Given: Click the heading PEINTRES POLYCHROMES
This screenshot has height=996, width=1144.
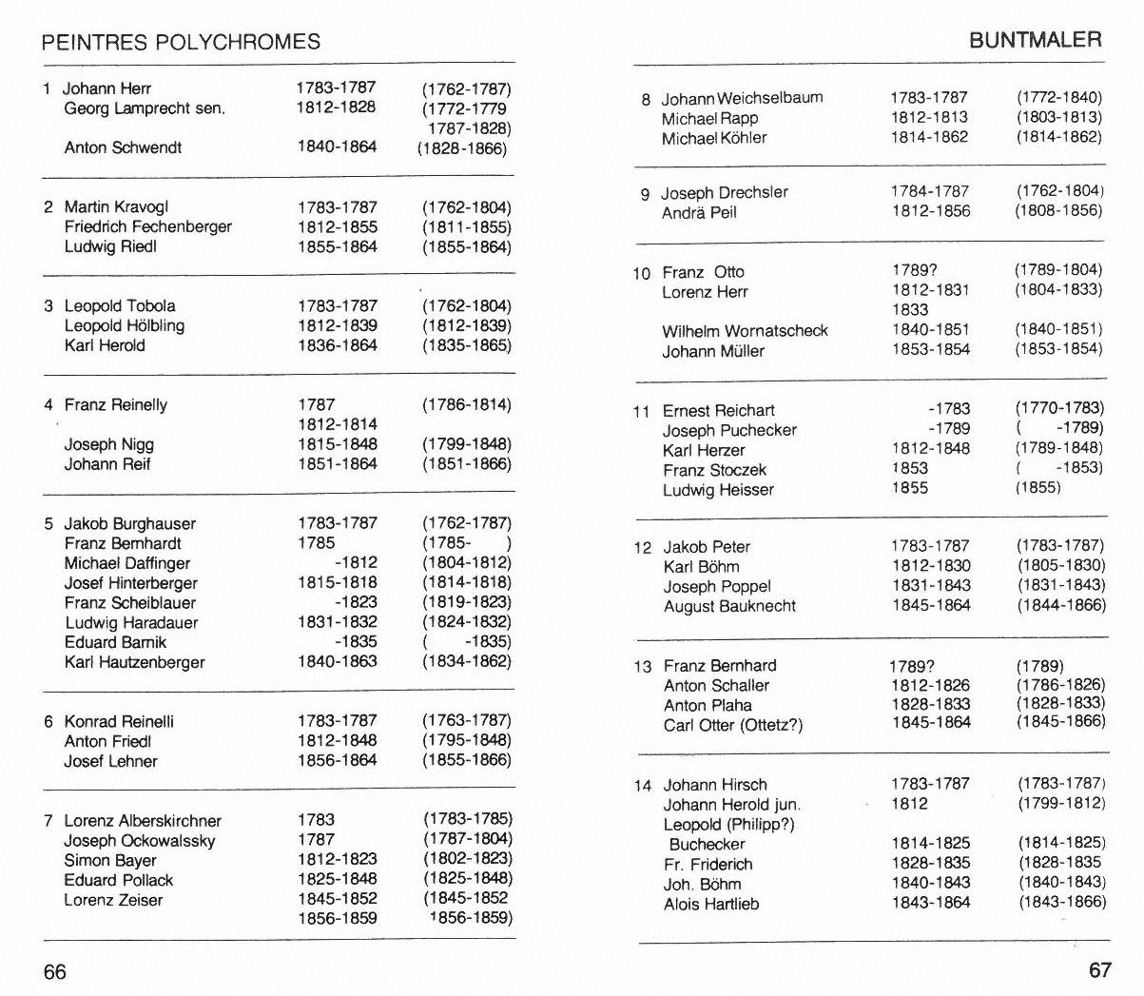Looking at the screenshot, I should [182, 42].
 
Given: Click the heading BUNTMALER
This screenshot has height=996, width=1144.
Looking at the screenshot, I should [1035, 40].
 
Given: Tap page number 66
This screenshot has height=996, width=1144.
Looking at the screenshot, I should [55, 971].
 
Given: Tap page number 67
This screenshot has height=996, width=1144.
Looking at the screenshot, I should [1099, 969].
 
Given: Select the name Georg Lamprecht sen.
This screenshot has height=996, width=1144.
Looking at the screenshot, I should [145, 108].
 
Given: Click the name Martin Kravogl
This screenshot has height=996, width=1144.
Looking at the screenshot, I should [116, 207].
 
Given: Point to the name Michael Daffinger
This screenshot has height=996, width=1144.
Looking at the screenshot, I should [127, 563].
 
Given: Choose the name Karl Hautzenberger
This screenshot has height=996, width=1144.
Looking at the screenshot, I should [134, 662].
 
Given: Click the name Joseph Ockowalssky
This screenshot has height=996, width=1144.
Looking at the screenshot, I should [140, 841].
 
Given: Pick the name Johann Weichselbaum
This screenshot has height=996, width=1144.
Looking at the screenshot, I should [743, 98].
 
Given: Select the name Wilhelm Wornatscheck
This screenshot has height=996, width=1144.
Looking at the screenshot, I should [746, 331].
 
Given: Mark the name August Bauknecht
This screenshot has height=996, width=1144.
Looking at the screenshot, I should [729, 606].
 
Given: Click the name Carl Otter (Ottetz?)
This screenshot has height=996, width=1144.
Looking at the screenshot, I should [733, 725].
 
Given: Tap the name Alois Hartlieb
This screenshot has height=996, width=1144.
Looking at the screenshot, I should [711, 904].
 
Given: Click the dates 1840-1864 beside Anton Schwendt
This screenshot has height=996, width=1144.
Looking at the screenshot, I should [337, 146].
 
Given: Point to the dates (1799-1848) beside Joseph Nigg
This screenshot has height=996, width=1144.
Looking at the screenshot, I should [466, 444].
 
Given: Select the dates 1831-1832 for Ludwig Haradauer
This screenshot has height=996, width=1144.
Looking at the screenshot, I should [337, 622].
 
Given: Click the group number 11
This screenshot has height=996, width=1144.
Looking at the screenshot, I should [641, 412].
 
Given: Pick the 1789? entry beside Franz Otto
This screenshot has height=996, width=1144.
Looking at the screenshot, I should [915, 270].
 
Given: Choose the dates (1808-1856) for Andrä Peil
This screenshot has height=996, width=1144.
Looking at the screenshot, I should [1058, 211].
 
